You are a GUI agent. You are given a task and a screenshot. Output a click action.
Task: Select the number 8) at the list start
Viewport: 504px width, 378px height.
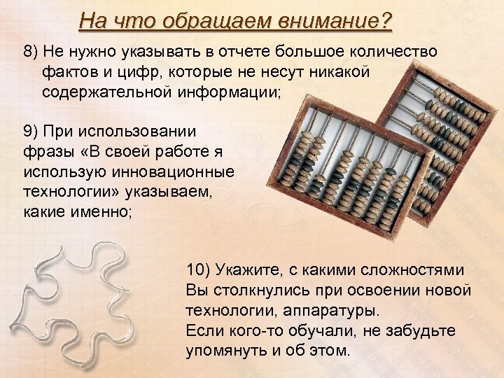(x=32, y=53)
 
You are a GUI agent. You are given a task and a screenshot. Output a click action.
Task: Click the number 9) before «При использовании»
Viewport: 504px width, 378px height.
(x=32, y=131)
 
